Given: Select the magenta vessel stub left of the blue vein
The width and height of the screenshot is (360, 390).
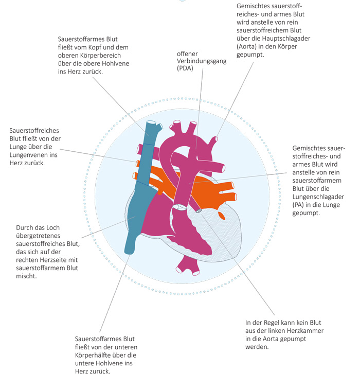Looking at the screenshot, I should coord(139,149).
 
